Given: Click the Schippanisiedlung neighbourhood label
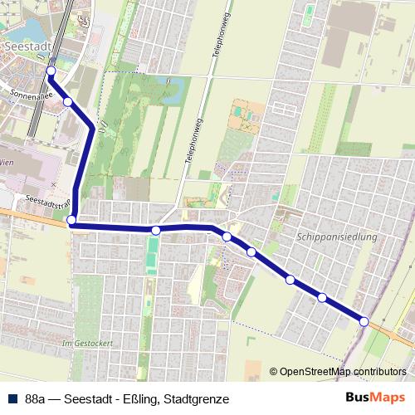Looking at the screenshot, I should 336,237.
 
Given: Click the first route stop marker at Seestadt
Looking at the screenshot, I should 51,71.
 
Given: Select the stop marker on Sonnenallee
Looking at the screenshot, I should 68,101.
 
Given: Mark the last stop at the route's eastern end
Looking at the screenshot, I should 364,321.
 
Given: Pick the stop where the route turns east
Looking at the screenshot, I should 72,221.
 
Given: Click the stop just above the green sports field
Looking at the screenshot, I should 155,230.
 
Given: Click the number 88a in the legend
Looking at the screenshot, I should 36,398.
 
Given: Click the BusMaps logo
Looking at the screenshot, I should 375,398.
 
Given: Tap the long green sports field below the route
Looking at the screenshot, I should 151,256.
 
